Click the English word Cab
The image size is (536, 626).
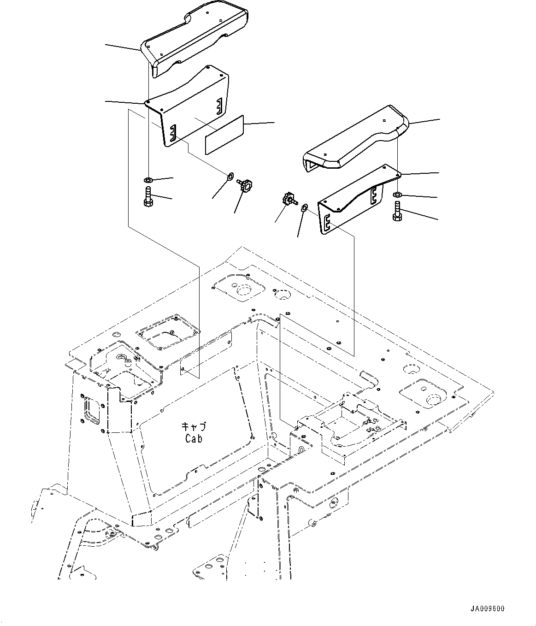click(x=194, y=439)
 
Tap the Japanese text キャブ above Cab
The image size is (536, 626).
click(x=194, y=427)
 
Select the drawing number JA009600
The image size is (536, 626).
click(x=487, y=608)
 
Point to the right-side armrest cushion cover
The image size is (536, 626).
click(x=355, y=141)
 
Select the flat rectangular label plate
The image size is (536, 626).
click(x=224, y=135)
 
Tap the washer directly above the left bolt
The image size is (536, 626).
click(x=148, y=179)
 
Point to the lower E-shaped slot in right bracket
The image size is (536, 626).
click(x=327, y=223)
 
